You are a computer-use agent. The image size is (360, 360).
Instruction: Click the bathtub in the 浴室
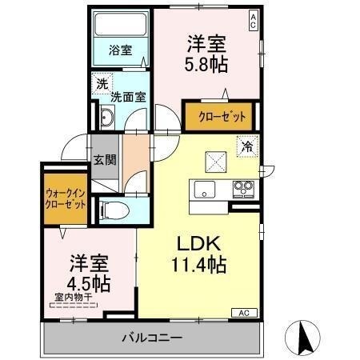click(121, 24)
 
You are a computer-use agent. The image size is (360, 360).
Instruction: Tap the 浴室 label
click(121, 50)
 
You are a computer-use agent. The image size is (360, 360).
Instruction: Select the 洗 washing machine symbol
click(102, 84)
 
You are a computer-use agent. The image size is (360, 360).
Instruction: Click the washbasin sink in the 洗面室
click(107, 118)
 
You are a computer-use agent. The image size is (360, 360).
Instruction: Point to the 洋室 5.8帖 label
click(206, 54)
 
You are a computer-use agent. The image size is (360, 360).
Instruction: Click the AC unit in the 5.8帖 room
click(253, 21)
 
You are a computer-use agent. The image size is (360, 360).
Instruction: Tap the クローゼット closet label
click(222, 117)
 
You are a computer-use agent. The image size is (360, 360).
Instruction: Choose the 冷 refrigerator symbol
click(247, 146)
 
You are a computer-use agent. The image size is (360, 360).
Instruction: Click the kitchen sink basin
click(205, 190)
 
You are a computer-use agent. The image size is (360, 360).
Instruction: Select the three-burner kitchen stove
click(243, 190)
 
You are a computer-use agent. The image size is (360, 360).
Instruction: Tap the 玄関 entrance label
click(105, 160)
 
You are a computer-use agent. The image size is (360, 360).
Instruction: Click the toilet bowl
click(114, 210)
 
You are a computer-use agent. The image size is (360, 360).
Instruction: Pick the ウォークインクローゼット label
click(66, 198)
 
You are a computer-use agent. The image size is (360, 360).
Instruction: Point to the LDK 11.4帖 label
click(199, 254)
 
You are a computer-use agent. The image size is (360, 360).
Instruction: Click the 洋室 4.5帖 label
click(89, 274)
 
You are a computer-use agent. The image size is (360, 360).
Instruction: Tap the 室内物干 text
click(74, 298)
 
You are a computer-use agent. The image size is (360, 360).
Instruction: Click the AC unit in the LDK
click(244, 313)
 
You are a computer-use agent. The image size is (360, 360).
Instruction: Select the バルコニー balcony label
click(152, 338)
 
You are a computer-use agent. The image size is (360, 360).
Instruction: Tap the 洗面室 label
click(128, 97)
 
